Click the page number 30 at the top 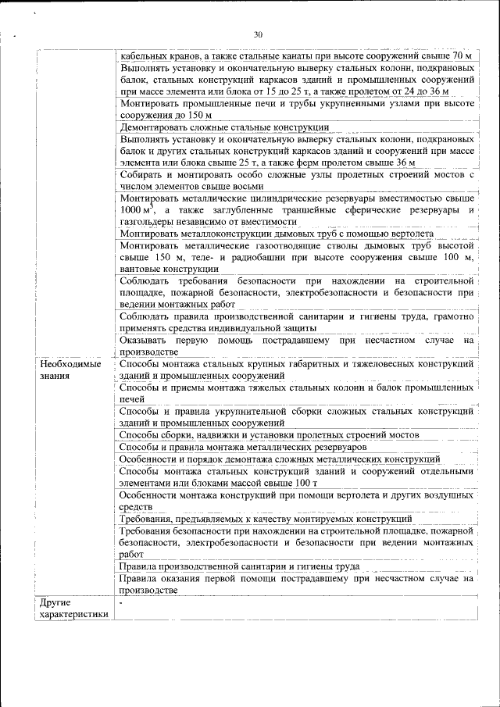(x=259, y=34)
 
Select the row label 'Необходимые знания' (x=70, y=370)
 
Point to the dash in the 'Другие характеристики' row (x=122, y=603)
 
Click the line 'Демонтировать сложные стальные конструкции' (x=223, y=127)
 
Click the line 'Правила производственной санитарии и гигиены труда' (x=240, y=566)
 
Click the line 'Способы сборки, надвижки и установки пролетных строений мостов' (x=270, y=434)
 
